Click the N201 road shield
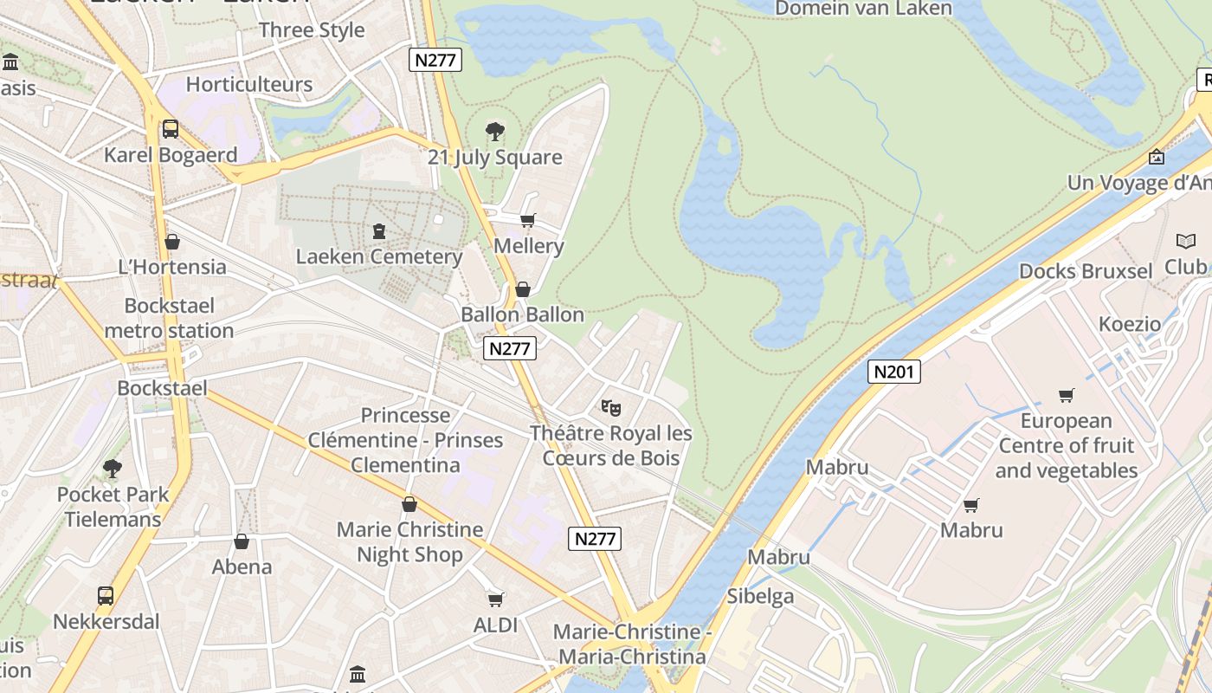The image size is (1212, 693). [893, 372]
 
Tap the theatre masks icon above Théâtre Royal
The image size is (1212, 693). [611, 406]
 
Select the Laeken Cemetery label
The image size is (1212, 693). [379, 256]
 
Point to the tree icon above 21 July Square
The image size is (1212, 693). [495, 132]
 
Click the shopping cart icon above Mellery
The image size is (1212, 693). [528, 220]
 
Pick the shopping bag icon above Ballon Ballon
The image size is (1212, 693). [523, 289]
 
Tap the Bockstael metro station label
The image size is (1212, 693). [170, 318]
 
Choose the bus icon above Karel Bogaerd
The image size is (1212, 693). [171, 129]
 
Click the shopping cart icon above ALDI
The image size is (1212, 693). [496, 599]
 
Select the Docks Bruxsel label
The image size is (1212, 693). [1086, 271]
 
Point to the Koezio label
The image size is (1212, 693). [1130, 324]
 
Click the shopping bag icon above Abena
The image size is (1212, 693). [242, 541]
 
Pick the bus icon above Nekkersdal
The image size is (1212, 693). [106, 596]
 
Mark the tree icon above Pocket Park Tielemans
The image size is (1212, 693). [113, 469]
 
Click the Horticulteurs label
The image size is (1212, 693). [249, 84]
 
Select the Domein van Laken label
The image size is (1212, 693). [863, 9]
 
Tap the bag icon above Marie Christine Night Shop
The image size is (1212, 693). [409, 504]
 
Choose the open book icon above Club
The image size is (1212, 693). [1186, 241]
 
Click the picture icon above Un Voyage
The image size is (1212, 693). [1157, 157]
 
